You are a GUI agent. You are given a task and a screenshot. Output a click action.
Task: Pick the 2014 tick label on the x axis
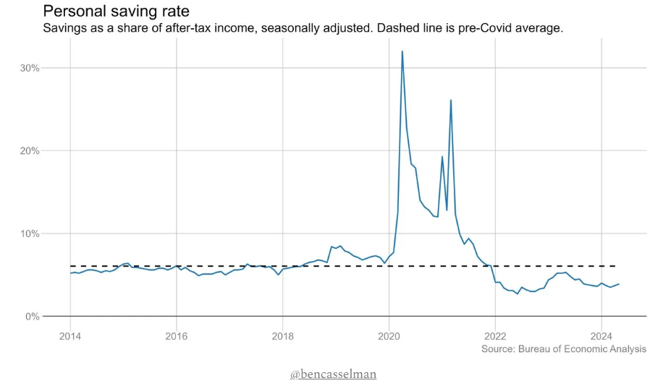[x=70, y=335]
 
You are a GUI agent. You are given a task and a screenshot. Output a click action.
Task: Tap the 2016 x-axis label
[x=177, y=335]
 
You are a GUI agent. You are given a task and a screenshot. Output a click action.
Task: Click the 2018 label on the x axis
[x=282, y=335]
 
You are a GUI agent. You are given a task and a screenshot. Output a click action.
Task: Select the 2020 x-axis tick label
[x=389, y=335]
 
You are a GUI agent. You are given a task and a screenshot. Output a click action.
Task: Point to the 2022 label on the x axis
[x=495, y=335]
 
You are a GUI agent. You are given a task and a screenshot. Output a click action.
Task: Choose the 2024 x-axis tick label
[x=601, y=335]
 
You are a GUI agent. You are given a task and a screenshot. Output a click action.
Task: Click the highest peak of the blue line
[x=402, y=51]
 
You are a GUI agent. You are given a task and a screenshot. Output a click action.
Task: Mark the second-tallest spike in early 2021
[x=450, y=100]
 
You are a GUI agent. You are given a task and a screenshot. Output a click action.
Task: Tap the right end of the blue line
[x=619, y=284]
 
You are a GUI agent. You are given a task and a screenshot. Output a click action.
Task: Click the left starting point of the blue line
[x=70, y=273]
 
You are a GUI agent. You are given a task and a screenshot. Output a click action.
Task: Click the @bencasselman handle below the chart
[x=333, y=374]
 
